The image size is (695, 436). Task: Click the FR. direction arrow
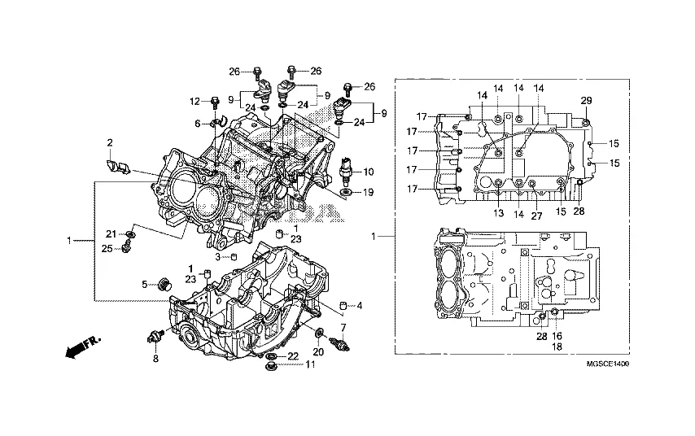pyautogui.click(x=83, y=347)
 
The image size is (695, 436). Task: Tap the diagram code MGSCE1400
pyautogui.click(x=607, y=364)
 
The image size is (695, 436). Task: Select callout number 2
pyautogui.click(x=110, y=142)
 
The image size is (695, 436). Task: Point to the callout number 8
pyautogui.click(x=155, y=359)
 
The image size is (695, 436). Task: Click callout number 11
pyautogui.click(x=310, y=364)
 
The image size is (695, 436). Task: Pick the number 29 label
pyautogui.click(x=586, y=101)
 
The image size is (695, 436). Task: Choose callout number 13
pyautogui.click(x=499, y=213)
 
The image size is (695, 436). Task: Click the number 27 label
pyautogui.click(x=537, y=216)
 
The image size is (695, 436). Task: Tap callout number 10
pyautogui.click(x=369, y=172)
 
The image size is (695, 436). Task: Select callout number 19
pyautogui.click(x=368, y=192)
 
